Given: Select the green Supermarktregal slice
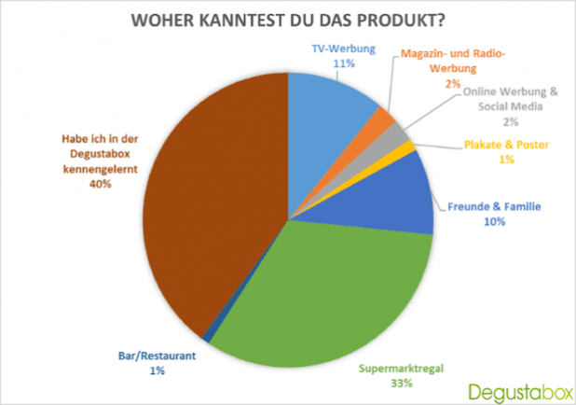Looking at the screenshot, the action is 323,294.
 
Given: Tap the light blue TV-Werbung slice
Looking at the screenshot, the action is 323,121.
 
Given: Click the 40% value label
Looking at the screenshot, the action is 101,184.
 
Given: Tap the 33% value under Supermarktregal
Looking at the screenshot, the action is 402,384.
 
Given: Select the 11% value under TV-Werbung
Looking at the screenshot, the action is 344,63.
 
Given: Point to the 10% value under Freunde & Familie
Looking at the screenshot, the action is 495,221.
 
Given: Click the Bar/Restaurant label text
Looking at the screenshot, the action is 157,356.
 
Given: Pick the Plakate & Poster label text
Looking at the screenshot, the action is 506,145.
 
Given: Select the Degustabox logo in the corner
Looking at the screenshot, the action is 520,393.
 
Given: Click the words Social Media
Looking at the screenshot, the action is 510,106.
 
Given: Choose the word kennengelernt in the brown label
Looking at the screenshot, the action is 101,169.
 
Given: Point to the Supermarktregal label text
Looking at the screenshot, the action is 401,369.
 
